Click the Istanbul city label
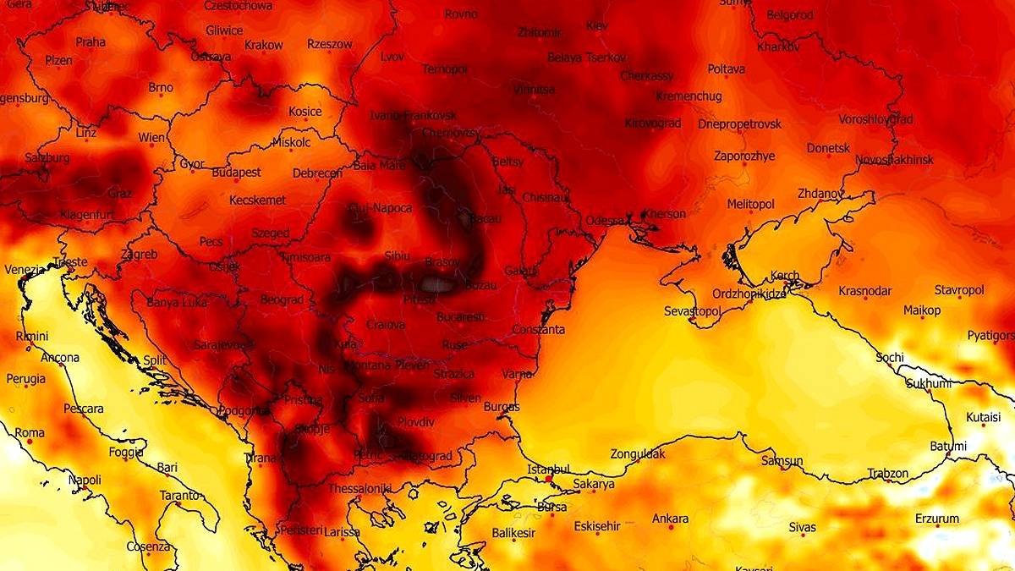[x=549, y=468]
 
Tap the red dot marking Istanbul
[x=548, y=479]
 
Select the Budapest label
[x=236, y=172]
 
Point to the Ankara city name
[x=670, y=519]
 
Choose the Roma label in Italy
[x=29, y=432]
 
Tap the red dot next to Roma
[x=29, y=442]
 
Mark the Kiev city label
[x=596, y=26]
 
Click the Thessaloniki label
[x=359, y=488]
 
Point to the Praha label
[x=91, y=41]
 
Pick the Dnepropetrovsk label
[x=740, y=124]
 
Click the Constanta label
[x=538, y=329]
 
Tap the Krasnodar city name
[x=864, y=291]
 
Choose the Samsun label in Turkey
[x=782, y=461]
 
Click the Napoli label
[x=85, y=480]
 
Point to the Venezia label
[x=24, y=270]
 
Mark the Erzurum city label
[x=937, y=519]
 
